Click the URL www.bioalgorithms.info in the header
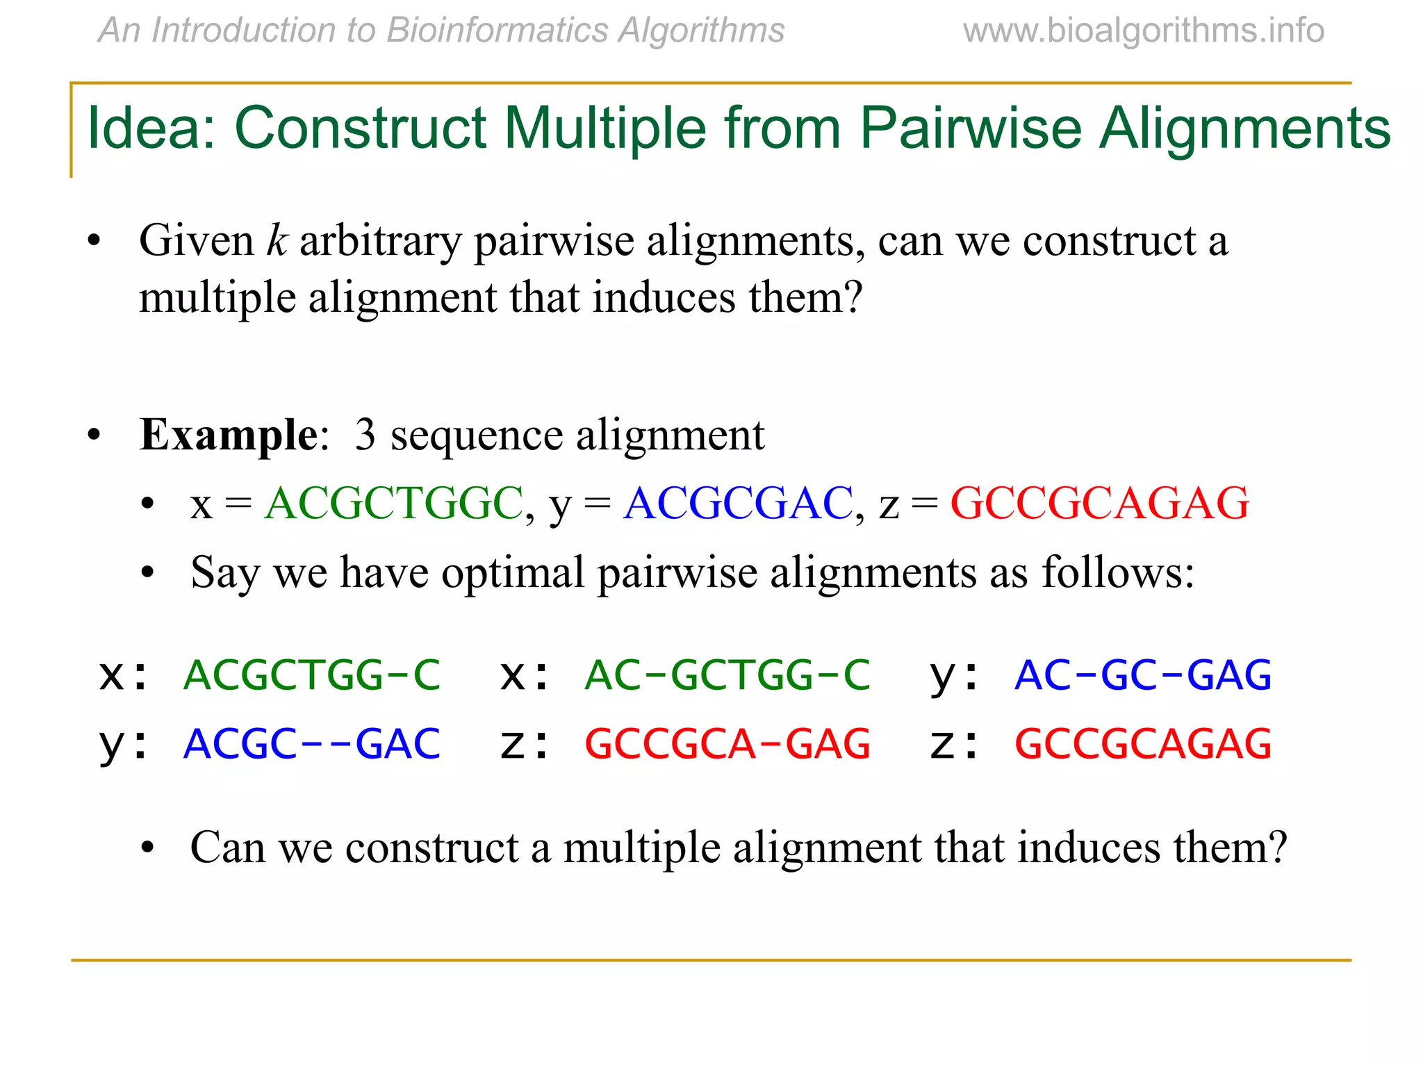1143,31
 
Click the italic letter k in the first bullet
277,241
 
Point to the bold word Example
228,435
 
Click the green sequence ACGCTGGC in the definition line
393,503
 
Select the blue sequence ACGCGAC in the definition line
738,503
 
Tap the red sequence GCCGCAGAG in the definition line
1099,503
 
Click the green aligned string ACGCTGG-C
312,675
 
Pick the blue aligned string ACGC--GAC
312,744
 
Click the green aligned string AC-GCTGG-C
727,675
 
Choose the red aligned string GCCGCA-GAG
727,744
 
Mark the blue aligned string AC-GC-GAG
1143,675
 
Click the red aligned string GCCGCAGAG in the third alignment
1143,744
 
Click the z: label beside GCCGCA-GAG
525,745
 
